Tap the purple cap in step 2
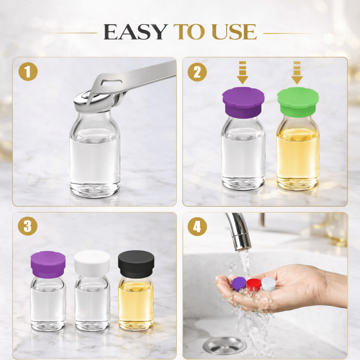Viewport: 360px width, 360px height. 243,102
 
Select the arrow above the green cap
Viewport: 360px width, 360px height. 297,72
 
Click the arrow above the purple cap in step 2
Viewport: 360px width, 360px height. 243,72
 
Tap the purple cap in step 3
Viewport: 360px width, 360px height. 48,264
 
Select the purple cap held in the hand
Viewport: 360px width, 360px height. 239,283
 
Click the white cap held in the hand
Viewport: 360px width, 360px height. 268,283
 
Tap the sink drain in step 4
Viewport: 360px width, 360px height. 224,345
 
